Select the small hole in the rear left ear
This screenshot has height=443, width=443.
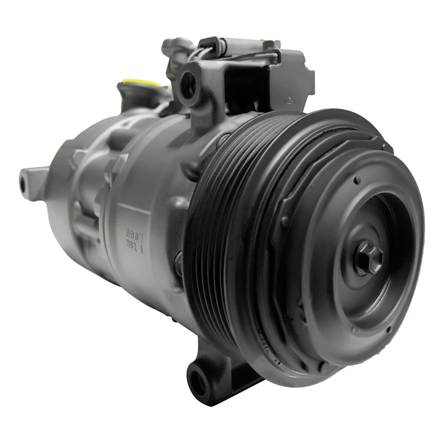coord(23,184)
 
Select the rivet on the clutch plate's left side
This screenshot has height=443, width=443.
coord(285,221)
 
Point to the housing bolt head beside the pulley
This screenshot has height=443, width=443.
coord(178,263)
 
